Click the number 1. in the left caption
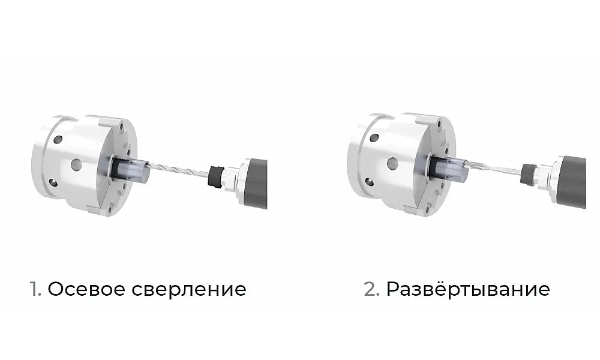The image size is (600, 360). [x=35, y=289]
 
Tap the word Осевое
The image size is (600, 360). [x=87, y=289]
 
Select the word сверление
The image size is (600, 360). [x=189, y=289]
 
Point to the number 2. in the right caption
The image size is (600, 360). [x=371, y=289]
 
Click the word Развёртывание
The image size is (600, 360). [x=468, y=289]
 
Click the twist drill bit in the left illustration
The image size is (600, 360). [x=178, y=169]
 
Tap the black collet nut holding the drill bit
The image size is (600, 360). [x=216, y=176]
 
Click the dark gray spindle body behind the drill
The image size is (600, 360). [x=256, y=184]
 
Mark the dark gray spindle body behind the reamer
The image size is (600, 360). [x=574, y=182]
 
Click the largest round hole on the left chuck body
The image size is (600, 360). [x=77, y=164]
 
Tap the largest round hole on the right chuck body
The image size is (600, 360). [x=392, y=164]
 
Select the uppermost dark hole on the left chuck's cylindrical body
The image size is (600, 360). [x=58, y=139]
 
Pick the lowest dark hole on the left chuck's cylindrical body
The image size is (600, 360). [x=53, y=182]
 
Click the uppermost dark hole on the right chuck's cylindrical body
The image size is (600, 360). [x=374, y=138]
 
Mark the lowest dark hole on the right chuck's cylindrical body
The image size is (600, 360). [x=369, y=182]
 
